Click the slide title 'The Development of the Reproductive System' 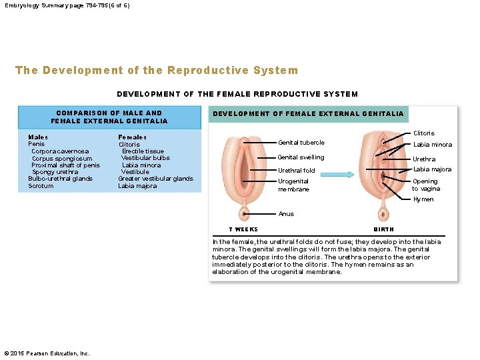pyautogui.click(x=157, y=71)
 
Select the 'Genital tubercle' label pyautogui.click(x=301, y=143)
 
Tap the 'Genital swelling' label pyautogui.click(x=301, y=157)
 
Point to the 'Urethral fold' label pyautogui.click(x=297, y=171)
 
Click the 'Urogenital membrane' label pyautogui.click(x=294, y=185)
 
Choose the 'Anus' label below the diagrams pyautogui.click(x=286, y=214)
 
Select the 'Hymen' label pyautogui.click(x=423, y=199)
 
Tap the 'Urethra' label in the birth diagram pyautogui.click(x=423, y=159)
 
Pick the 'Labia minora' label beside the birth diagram pyautogui.click(x=432, y=145)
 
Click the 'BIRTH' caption pyautogui.click(x=383, y=229)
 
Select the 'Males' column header pyautogui.click(x=38, y=137)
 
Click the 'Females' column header pyautogui.click(x=132, y=137)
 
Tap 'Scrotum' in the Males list pyautogui.click(x=41, y=186)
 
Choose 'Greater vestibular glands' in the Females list pyautogui.click(x=155, y=179)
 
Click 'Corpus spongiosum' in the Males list pyautogui.click(x=62, y=159)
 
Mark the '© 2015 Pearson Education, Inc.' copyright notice pyautogui.click(x=47, y=353)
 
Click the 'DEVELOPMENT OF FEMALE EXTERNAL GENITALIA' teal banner pyautogui.click(x=307, y=114)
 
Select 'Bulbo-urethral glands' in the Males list pyautogui.click(x=60, y=179)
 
